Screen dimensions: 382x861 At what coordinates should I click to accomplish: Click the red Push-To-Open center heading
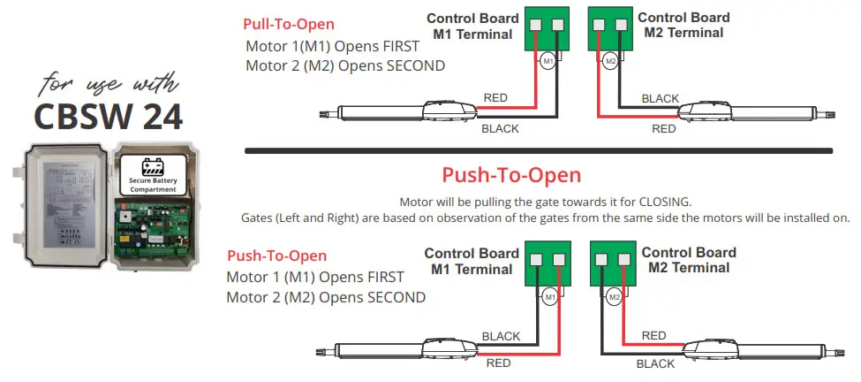click(511, 174)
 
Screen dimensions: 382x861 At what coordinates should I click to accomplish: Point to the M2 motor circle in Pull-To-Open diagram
click(610, 61)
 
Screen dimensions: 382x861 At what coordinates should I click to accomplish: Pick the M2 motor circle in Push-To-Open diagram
click(614, 297)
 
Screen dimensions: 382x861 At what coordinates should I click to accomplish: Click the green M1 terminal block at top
click(547, 30)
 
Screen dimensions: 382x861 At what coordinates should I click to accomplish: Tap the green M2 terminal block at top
click(609, 30)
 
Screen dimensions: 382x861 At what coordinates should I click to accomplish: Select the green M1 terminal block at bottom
click(548, 266)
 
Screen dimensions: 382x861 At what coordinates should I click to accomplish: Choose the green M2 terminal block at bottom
click(613, 266)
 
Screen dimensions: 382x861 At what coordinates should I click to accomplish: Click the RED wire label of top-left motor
click(495, 98)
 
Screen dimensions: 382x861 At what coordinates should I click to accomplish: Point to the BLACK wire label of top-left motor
click(500, 129)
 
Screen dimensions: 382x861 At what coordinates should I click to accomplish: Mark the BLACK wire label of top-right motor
click(660, 98)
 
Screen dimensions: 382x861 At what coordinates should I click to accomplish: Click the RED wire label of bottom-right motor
click(653, 335)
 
